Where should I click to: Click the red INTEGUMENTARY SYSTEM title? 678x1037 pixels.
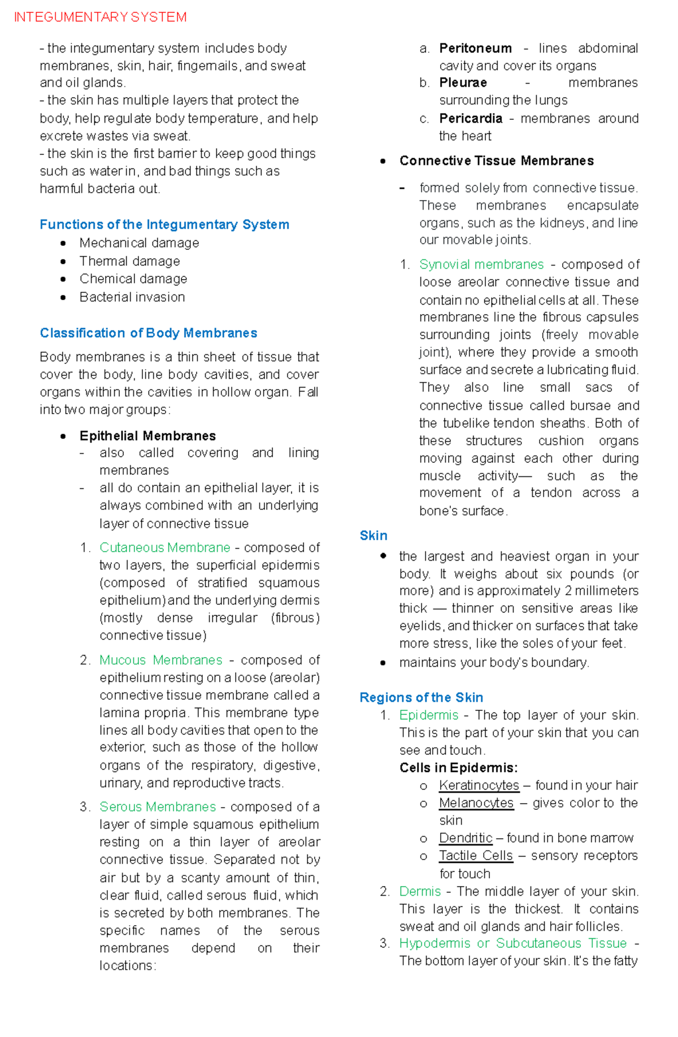(100, 18)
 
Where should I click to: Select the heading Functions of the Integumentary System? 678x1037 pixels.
(164, 224)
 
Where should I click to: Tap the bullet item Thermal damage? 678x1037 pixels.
(129, 261)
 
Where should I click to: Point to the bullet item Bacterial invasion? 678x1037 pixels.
(132, 297)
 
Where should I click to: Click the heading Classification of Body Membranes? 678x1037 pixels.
(148, 333)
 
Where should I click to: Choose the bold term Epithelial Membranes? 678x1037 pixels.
(147, 436)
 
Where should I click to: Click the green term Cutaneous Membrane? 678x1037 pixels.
(164, 548)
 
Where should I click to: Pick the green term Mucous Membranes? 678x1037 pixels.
(160, 660)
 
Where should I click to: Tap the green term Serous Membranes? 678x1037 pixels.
(158, 806)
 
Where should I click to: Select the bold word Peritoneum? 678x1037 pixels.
(475, 49)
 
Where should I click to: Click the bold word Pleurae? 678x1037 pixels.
(463, 83)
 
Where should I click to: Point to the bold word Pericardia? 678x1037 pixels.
(471, 119)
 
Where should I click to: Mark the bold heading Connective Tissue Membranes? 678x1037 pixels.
(496, 161)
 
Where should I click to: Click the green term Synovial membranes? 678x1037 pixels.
(481, 264)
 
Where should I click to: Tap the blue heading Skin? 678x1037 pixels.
(373, 536)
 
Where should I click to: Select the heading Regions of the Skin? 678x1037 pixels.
(421, 697)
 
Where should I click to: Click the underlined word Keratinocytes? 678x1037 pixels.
(479, 786)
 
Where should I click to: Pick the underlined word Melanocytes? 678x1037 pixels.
(476, 803)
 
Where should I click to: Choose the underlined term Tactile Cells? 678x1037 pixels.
(476, 856)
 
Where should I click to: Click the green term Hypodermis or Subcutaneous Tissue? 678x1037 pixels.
(512, 943)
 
